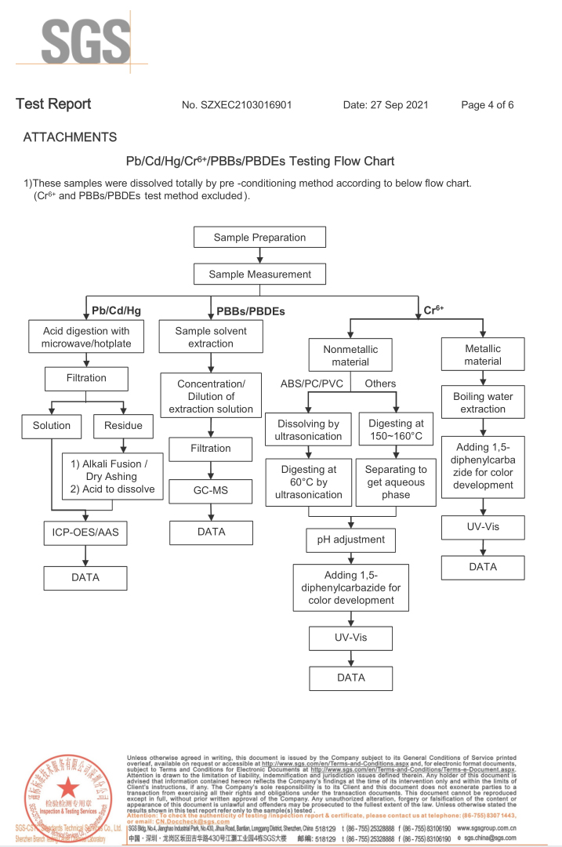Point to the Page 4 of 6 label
coord(488,105)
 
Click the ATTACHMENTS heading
coord(70,137)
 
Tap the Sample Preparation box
coord(259,238)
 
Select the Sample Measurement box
coord(259,274)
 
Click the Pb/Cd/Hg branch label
coord(117,311)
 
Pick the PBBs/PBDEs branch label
coord(251,311)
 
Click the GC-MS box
coord(211,493)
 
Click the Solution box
coord(51,426)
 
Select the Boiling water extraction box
coord(483,403)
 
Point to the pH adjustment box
coord(351,540)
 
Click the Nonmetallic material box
coord(350,355)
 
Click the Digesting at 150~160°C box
coord(396,430)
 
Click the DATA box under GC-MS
coord(211,532)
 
